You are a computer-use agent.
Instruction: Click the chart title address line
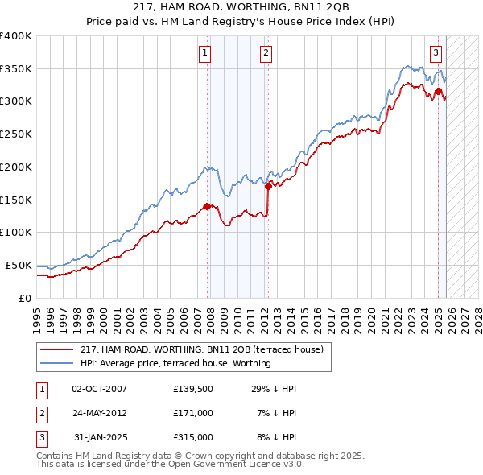(242, 6)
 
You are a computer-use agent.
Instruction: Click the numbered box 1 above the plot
(205, 54)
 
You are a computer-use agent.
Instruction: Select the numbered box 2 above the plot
(265, 54)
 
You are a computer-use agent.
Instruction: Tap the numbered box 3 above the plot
(436, 54)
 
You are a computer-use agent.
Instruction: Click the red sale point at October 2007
(207, 206)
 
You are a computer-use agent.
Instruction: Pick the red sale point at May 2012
(268, 186)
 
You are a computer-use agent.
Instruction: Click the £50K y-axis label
(19, 265)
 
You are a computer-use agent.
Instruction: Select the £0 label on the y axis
(24, 298)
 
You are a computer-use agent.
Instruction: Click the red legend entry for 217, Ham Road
(201, 349)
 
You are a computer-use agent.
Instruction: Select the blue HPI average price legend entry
(175, 363)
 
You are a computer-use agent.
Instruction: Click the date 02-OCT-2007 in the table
(99, 389)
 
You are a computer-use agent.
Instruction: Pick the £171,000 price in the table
(193, 413)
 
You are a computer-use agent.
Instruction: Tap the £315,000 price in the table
(193, 437)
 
